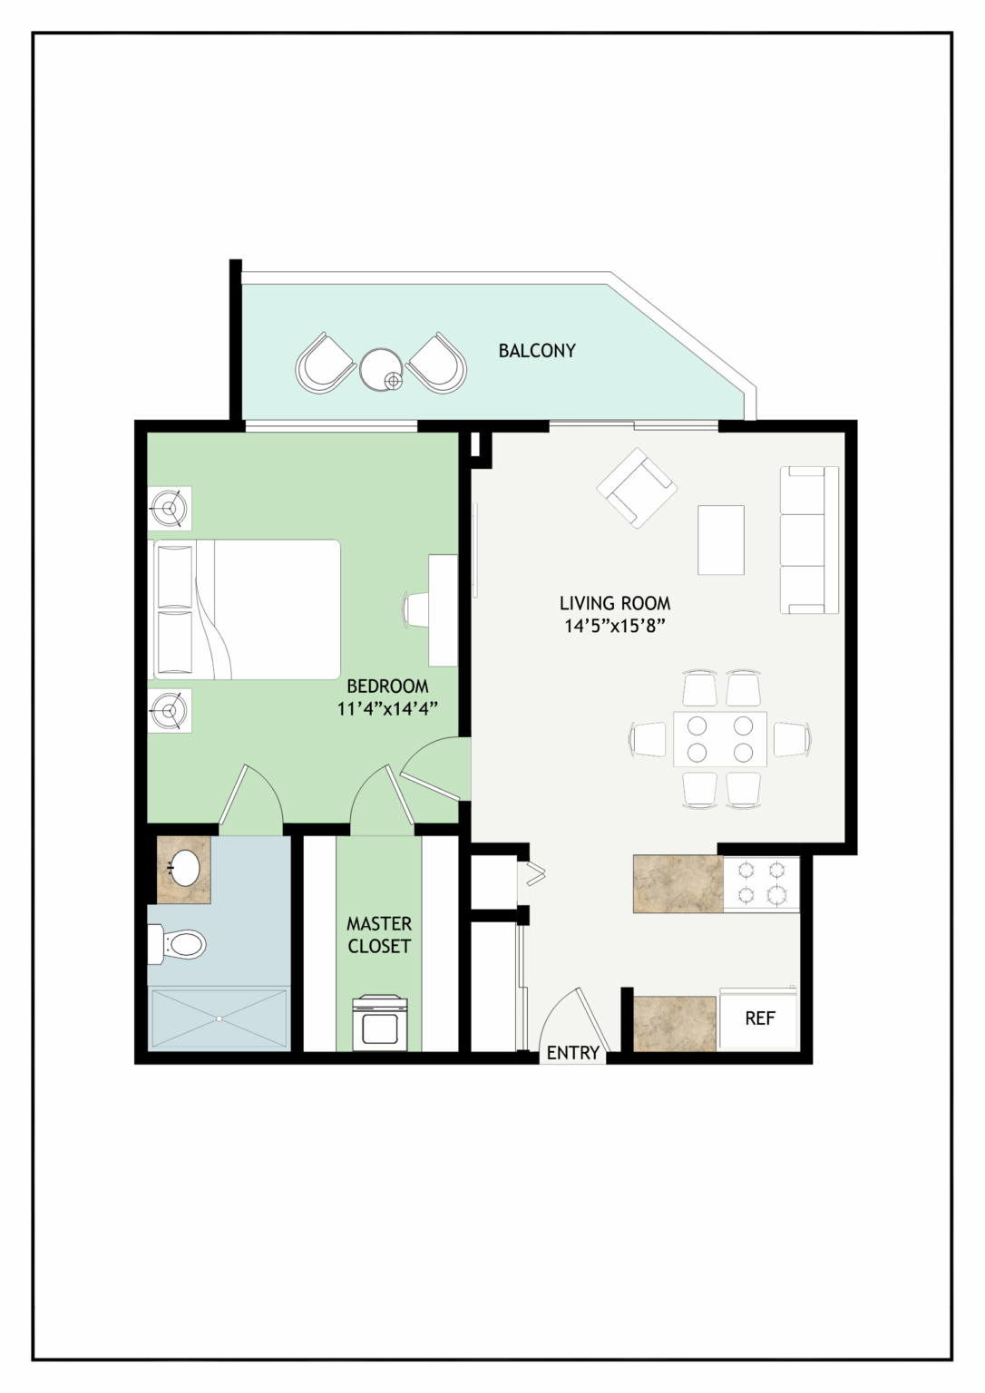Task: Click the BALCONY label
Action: coord(537,351)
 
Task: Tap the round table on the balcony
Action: coord(381,369)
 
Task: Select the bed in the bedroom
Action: coord(247,609)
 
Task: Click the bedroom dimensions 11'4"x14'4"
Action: coord(388,709)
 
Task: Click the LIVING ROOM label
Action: coord(614,603)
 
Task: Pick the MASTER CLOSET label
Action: coord(379,935)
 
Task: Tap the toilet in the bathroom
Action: coord(176,945)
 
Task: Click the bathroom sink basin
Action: coord(184,867)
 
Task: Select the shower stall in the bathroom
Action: coord(219,1018)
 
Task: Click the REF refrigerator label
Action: coord(760,1018)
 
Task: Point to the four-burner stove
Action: coord(761,883)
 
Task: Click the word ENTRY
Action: coord(572,1053)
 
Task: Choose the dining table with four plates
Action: coord(720,739)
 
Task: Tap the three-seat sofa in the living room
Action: coord(809,541)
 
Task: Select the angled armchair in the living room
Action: coord(637,488)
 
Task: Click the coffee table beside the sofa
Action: coord(721,540)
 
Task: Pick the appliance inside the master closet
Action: coord(380,1022)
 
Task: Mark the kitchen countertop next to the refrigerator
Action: coord(675,1024)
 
